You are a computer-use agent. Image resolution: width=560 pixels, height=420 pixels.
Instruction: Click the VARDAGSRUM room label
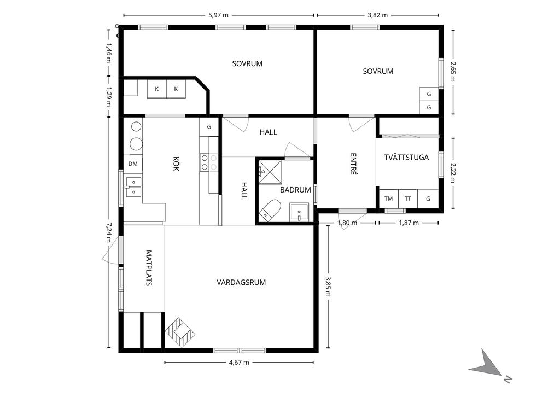click(x=241, y=283)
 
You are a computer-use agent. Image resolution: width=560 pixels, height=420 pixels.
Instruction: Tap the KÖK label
click(x=176, y=164)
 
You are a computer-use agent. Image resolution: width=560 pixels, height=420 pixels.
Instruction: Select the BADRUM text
click(x=295, y=190)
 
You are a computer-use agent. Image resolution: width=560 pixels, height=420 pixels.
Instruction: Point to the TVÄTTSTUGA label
click(x=406, y=157)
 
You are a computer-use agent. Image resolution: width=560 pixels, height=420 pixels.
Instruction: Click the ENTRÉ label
click(x=353, y=164)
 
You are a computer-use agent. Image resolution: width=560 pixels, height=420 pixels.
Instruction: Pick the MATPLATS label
click(x=149, y=268)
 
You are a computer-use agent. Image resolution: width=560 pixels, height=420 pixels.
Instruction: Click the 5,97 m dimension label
click(x=218, y=15)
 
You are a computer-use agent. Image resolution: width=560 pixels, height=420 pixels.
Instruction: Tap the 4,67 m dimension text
click(x=239, y=363)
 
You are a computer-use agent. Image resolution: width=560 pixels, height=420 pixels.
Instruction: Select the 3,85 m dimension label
click(x=328, y=286)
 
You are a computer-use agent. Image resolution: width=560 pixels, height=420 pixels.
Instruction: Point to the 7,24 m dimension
click(x=109, y=232)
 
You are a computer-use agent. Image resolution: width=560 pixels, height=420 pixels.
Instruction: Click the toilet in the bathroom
click(x=270, y=209)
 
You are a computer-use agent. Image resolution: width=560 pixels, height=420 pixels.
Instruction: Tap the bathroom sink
click(x=299, y=213)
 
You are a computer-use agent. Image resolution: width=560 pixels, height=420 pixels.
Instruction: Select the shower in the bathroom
click(x=270, y=172)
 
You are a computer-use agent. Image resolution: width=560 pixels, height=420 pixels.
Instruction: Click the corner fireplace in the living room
click(x=180, y=332)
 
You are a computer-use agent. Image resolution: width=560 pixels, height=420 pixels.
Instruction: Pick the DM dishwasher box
click(x=133, y=164)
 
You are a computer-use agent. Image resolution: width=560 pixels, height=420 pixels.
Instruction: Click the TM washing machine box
click(x=389, y=199)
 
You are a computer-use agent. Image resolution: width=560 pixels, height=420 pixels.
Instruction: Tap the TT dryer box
click(x=408, y=199)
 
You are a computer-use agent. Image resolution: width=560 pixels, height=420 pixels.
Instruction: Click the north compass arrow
click(x=487, y=365)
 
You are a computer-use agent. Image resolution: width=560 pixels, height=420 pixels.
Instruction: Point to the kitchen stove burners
click(x=209, y=162)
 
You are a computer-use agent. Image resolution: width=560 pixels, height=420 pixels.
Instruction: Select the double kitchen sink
click(x=133, y=187)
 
